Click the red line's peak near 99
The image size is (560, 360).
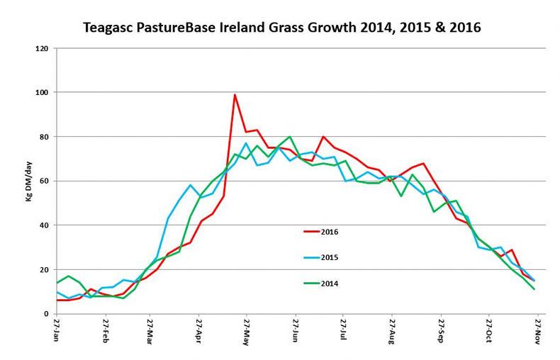[x=235, y=94]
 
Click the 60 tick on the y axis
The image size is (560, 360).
[x=43, y=181]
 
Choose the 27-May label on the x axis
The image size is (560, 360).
[x=246, y=332]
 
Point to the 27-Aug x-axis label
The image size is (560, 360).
[x=392, y=332]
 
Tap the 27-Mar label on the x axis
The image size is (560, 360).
[x=150, y=332]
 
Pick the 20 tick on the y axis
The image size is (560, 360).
[x=43, y=270]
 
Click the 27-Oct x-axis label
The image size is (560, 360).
[x=489, y=332]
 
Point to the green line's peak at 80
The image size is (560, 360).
[x=290, y=137]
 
